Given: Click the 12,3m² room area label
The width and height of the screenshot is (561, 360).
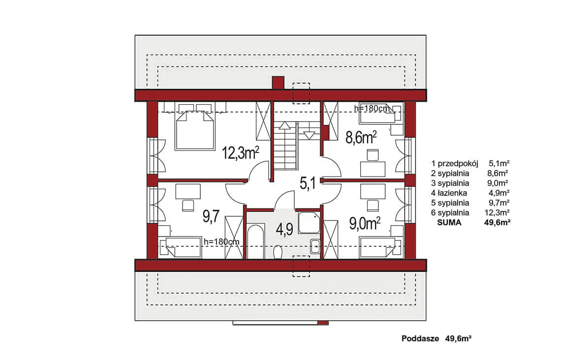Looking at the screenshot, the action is click(x=241, y=152).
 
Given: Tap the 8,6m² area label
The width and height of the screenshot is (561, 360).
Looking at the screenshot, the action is click(x=361, y=137).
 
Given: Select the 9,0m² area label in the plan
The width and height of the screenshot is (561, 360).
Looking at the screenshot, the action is click(x=365, y=223).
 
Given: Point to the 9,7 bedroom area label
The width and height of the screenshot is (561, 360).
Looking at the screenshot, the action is click(x=211, y=216).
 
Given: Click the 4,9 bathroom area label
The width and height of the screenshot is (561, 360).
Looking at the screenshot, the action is click(x=284, y=229).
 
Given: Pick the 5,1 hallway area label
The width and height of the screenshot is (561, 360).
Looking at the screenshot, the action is click(x=308, y=183).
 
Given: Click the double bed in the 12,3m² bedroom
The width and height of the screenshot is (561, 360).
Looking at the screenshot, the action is click(x=195, y=130).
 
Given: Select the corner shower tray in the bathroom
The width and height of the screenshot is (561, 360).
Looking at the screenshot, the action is click(x=309, y=223).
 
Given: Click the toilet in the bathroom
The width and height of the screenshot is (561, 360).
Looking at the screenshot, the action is click(x=278, y=252).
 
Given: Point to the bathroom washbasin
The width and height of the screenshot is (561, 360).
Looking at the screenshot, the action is click(x=315, y=246).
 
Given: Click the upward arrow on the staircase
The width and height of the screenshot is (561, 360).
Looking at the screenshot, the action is click(x=285, y=125).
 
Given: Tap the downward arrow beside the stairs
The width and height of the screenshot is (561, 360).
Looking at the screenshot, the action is click(x=309, y=135).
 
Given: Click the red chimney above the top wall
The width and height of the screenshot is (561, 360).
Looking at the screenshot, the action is click(x=278, y=83).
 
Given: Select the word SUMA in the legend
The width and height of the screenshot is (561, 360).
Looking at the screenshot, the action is click(x=449, y=222).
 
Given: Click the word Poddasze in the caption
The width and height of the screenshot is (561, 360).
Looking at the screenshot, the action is click(x=420, y=338).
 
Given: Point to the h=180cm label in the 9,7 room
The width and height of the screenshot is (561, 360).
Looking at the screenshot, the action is click(x=221, y=241).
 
